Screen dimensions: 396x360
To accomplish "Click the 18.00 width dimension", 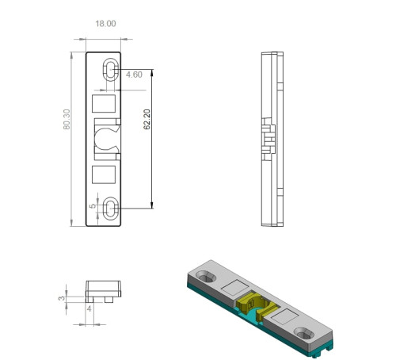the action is (105, 24).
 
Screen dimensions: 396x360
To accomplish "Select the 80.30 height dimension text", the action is (67, 119).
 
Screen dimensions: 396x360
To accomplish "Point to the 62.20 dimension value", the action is (147, 119).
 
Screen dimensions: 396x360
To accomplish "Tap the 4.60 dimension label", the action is (134, 75).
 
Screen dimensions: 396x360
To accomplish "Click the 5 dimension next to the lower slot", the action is (93, 206).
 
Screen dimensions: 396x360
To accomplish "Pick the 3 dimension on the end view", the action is (61, 298).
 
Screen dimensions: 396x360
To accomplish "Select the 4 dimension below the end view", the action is (89, 308).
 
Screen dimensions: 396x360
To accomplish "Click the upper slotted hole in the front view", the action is (110, 70).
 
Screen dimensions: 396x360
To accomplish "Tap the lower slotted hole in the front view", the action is (110, 209).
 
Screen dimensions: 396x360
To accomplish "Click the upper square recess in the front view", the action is (104, 104).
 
